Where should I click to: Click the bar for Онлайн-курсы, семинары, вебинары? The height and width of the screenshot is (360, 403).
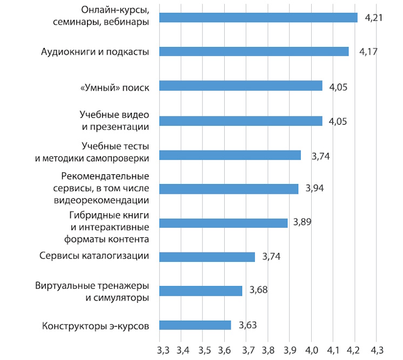point(259,17)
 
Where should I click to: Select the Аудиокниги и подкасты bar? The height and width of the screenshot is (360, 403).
point(254,52)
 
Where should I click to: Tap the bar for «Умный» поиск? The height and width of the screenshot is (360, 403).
point(241,86)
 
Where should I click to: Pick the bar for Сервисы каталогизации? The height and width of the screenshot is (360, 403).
point(207,257)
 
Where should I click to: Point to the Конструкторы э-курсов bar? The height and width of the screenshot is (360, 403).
point(196,325)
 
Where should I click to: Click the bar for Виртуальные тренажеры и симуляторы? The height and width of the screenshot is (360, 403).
point(201,291)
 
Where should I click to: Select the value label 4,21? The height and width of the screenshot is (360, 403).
point(374,18)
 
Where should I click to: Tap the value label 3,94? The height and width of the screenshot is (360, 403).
point(315,188)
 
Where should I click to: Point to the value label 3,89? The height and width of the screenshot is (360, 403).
point(303,222)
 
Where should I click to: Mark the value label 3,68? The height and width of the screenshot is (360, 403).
point(259,291)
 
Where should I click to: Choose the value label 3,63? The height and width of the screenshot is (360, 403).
point(247,325)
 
